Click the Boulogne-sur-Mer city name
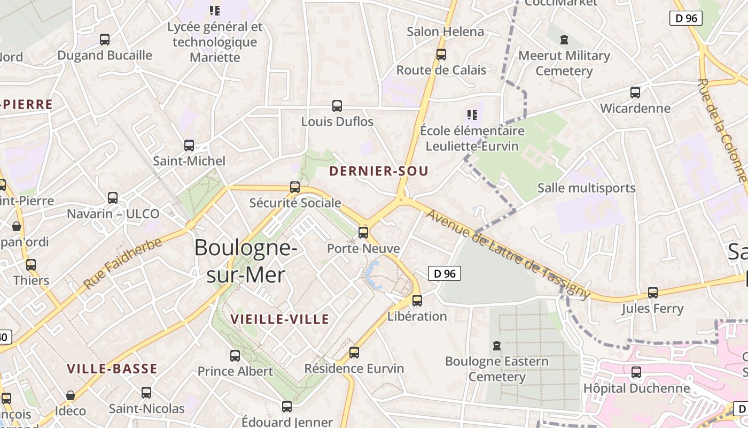pos(245,261)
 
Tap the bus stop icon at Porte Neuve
pos(363,232)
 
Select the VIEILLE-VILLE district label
pos(279,319)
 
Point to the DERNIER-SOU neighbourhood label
pos(379,171)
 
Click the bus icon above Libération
pos(417,301)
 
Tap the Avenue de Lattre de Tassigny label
pos(509,253)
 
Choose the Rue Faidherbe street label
pos(122,264)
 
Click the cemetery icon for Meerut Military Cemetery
pos(564,40)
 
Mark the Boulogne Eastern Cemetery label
pos(497,369)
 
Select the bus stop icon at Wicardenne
pos(635,93)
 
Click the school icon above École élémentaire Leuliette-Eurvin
pos(472,114)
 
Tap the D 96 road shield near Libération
pos(445,273)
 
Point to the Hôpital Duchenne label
pos(636,388)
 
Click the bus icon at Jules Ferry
pos(652,293)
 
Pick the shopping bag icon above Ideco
pos(71,395)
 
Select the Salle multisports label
pos(586,188)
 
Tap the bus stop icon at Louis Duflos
pos(337,106)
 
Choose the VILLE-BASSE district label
pos(112,369)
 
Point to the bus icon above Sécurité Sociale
pos(295,187)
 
